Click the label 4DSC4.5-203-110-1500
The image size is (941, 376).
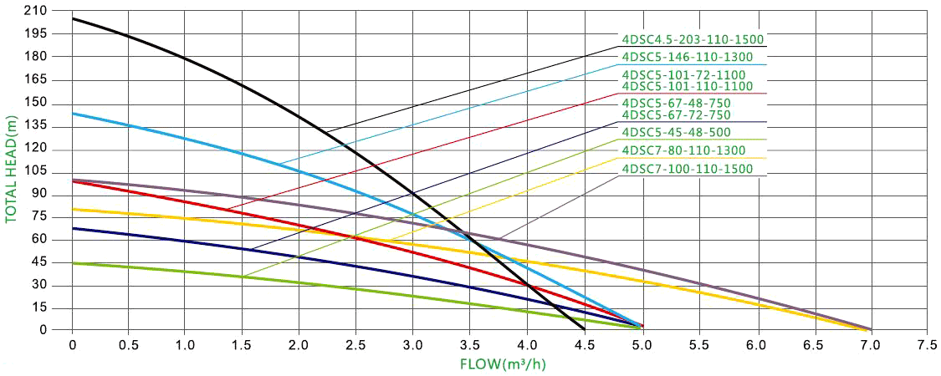click(692, 38)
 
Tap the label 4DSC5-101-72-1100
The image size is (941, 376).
click(683, 74)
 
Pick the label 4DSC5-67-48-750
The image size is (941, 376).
click(676, 103)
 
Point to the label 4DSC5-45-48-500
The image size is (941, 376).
click(676, 132)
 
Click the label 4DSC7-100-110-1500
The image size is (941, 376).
click(688, 169)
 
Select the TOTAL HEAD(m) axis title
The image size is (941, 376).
click(12, 170)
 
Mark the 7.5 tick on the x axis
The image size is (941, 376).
click(927, 343)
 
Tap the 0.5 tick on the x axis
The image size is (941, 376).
click(129, 343)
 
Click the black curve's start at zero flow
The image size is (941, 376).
click(73, 18)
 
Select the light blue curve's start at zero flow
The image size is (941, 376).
click(73, 113)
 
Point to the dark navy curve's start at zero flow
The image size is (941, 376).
click(73, 228)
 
